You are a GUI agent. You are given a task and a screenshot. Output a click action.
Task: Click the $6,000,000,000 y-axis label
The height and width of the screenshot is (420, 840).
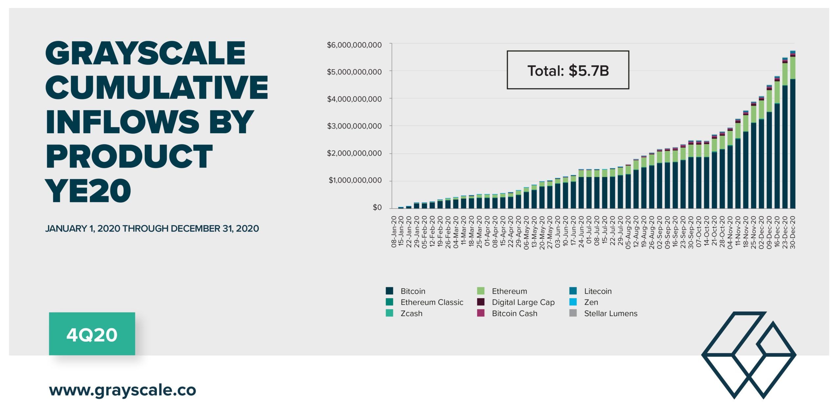(x=354, y=45)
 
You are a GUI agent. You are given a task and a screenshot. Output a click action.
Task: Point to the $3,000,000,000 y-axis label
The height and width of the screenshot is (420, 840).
(x=354, y=126)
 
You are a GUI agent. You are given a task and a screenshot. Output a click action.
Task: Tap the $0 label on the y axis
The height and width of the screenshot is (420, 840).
(x=377, y=207)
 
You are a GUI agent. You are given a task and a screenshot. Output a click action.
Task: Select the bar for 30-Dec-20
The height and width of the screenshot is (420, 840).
(x=792, y=131)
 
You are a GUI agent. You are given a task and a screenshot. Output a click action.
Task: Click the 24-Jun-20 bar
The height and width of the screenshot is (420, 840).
(x=581, y=190)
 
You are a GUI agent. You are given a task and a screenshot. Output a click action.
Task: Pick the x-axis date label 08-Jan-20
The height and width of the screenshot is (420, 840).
(x=394, y=232)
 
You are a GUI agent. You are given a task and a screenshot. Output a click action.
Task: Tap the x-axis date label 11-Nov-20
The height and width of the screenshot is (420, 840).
(x=738, y=232)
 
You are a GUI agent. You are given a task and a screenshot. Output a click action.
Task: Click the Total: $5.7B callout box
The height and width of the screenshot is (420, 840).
(x=568, y=70)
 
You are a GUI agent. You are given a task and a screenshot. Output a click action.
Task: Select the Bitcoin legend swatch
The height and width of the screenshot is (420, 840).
(x=389, y=291)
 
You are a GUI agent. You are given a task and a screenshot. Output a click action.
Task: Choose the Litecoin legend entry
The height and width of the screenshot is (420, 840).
(x=598, y=291)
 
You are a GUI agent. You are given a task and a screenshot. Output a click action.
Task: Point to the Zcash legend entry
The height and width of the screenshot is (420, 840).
(x=411, y=313)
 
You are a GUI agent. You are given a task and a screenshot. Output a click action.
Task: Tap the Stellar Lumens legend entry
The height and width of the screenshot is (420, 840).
(x=611, y=313)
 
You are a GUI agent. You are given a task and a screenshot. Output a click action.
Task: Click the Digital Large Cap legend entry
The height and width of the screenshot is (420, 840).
(x=523, y=302)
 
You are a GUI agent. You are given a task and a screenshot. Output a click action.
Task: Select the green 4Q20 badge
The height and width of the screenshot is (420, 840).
(x=92, y=334)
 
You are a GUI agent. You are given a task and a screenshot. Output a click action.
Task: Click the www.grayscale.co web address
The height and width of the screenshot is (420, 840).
(x=122, y=390)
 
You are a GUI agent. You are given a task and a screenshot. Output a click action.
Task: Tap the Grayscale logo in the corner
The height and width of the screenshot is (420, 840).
(x=748, y=355)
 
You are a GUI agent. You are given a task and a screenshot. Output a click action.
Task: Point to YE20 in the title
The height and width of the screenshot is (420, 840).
(x=88, y=191)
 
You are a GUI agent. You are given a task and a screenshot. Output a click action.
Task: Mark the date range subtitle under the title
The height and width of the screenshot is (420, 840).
(x=152, y=228)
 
